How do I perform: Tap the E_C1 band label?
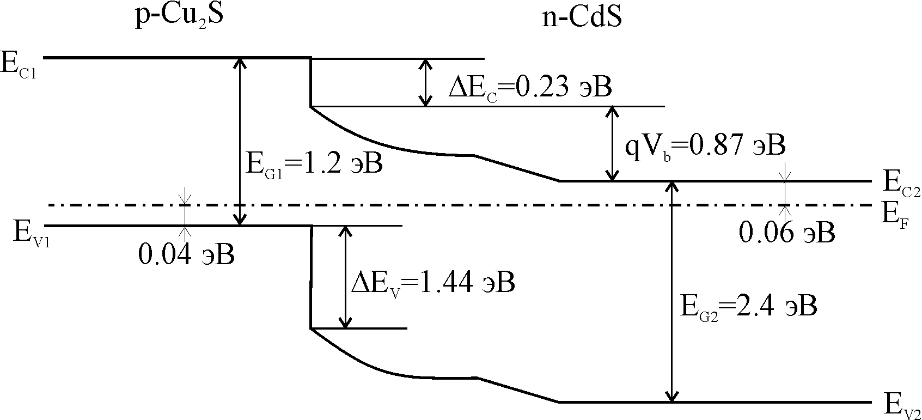coord(19,65)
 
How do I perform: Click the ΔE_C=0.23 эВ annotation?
coord(530,87)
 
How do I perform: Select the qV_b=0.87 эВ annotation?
coord(705,146)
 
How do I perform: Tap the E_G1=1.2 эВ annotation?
coord(314,163)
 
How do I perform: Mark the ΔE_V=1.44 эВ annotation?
coord(432,283)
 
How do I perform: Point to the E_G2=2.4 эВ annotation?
coord(749,307)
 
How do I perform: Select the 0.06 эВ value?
coord(786,233)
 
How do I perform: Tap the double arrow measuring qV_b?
coord(613,143)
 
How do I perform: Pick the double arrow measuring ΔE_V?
coord(344,277)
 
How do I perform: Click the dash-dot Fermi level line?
coord(436,205)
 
